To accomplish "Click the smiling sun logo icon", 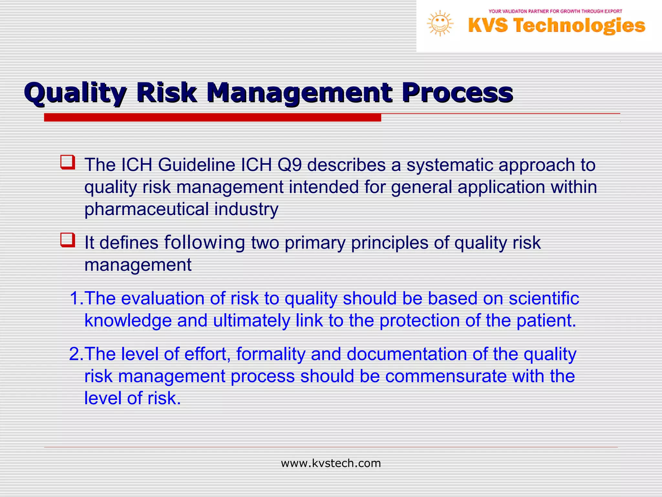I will (440, 24).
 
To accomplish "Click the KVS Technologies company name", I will (557, 26).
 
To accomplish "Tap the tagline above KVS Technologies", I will (555, 11).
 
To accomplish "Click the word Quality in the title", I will (75, 94).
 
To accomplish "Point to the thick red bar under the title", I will (212, 117).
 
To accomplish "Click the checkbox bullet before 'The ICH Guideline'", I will (68, 162).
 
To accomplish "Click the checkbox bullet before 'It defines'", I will (68, 240).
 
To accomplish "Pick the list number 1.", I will (75, 298).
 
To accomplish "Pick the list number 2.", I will (75, 354).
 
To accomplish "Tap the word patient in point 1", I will (545, 321).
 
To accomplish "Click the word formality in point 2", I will (271, 354).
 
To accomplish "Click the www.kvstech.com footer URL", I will (331, 463).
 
